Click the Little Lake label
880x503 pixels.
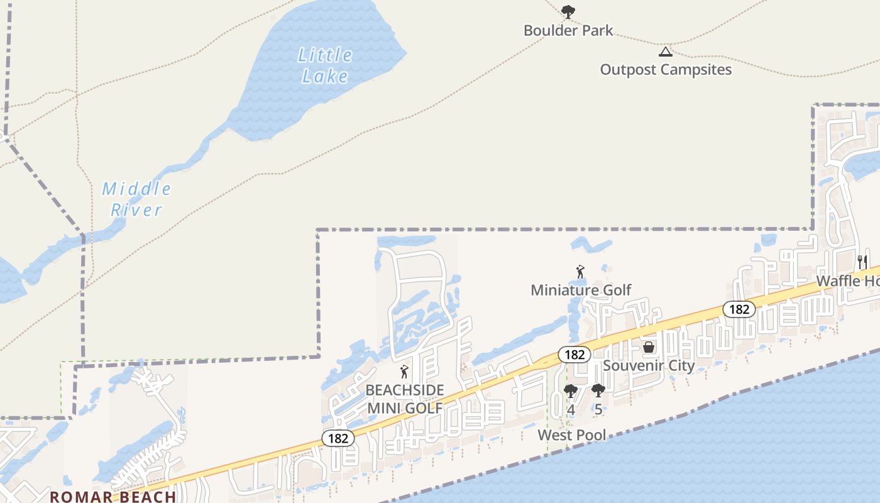pos(324,65)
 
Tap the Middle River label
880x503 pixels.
pos(136,199)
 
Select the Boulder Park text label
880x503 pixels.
pos(568,30)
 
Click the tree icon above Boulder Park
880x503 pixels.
pos(568,11)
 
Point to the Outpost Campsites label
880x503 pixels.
pos(666,69)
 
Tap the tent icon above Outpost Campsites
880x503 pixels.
pos(665,52)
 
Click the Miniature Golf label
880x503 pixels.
pos(581,290)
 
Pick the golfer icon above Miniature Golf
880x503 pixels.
pos(580,272)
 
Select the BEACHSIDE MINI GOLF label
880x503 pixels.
pos(405,399)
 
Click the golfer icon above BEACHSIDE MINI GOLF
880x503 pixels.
pos(404,371)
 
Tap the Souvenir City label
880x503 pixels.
pos(649,365)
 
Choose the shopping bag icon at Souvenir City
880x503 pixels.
pos(649,347)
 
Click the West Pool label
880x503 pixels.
pos(572,434)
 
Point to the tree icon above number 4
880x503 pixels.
pos(571,391)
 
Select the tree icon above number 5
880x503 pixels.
pos(598,391)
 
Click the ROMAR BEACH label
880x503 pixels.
pos(113,496)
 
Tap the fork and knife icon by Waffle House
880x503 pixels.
pos(862,262)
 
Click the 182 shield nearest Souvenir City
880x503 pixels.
pos(575,355)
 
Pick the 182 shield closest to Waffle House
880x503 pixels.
pos(739,309)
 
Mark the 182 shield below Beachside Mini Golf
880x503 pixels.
pos(338,438)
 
